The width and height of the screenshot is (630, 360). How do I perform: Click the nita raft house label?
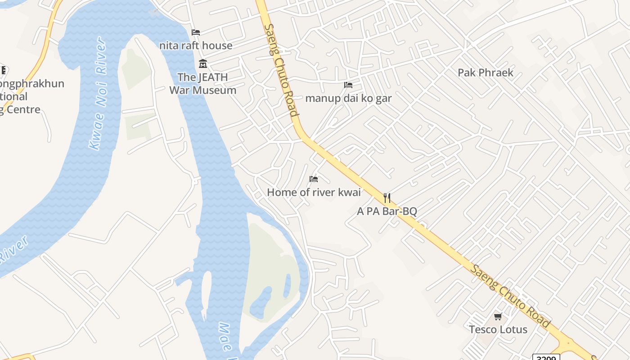click(196, 45)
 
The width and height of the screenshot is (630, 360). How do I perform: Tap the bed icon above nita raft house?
click(196, 32)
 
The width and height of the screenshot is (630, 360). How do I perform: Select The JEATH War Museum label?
click(202, 84)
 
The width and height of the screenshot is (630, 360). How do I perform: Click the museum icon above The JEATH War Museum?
click(203, 64)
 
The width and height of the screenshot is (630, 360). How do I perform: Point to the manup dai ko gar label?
click(348, 98)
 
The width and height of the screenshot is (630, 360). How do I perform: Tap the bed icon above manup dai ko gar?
click(348, 85)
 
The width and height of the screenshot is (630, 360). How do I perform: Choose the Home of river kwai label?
click(314, 193)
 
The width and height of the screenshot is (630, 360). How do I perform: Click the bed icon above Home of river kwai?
click(314, 179)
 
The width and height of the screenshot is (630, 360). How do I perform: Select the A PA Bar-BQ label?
click(387, 211)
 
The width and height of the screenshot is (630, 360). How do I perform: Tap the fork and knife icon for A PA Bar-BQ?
click(387, 198)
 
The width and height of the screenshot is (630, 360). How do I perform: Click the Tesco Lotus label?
click(498, 329)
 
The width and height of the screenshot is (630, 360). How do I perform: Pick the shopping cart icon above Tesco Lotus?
click(498, 316)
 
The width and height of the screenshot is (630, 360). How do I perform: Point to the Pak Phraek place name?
click(485, 72)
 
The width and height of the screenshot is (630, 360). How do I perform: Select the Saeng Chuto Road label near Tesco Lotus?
click(510, 296)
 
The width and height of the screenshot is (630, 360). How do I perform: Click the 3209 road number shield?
click(546, 357)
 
